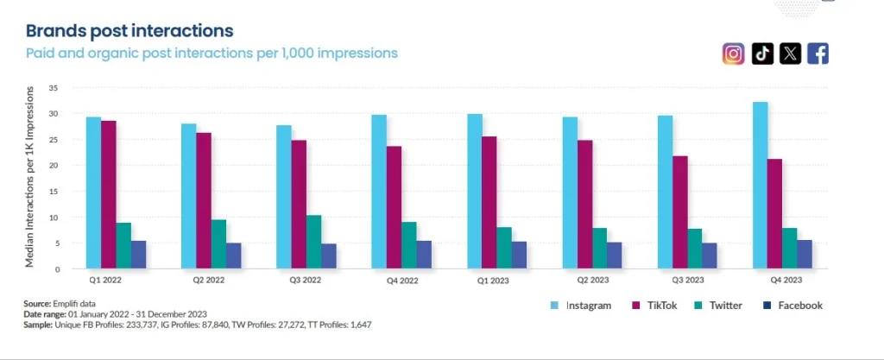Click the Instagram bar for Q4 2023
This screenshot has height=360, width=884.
click(760, 186)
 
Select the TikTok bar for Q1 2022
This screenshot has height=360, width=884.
click(108, 195)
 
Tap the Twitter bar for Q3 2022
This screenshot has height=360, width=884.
click(313, 242)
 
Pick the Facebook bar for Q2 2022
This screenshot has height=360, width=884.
click(233, 256)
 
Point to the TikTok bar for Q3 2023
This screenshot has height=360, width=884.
click(681, 212)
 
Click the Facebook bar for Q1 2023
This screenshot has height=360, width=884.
click(519, 255)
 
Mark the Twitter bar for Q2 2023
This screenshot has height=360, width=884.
click(599, 249)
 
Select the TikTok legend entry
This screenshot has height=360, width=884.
click(656, 306)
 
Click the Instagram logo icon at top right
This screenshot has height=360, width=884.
click(733, 54)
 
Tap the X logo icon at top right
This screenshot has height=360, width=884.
click(790, 54)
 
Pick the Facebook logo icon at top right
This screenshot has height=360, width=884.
click(818, 54)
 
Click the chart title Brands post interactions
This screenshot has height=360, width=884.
click(129, 31)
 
